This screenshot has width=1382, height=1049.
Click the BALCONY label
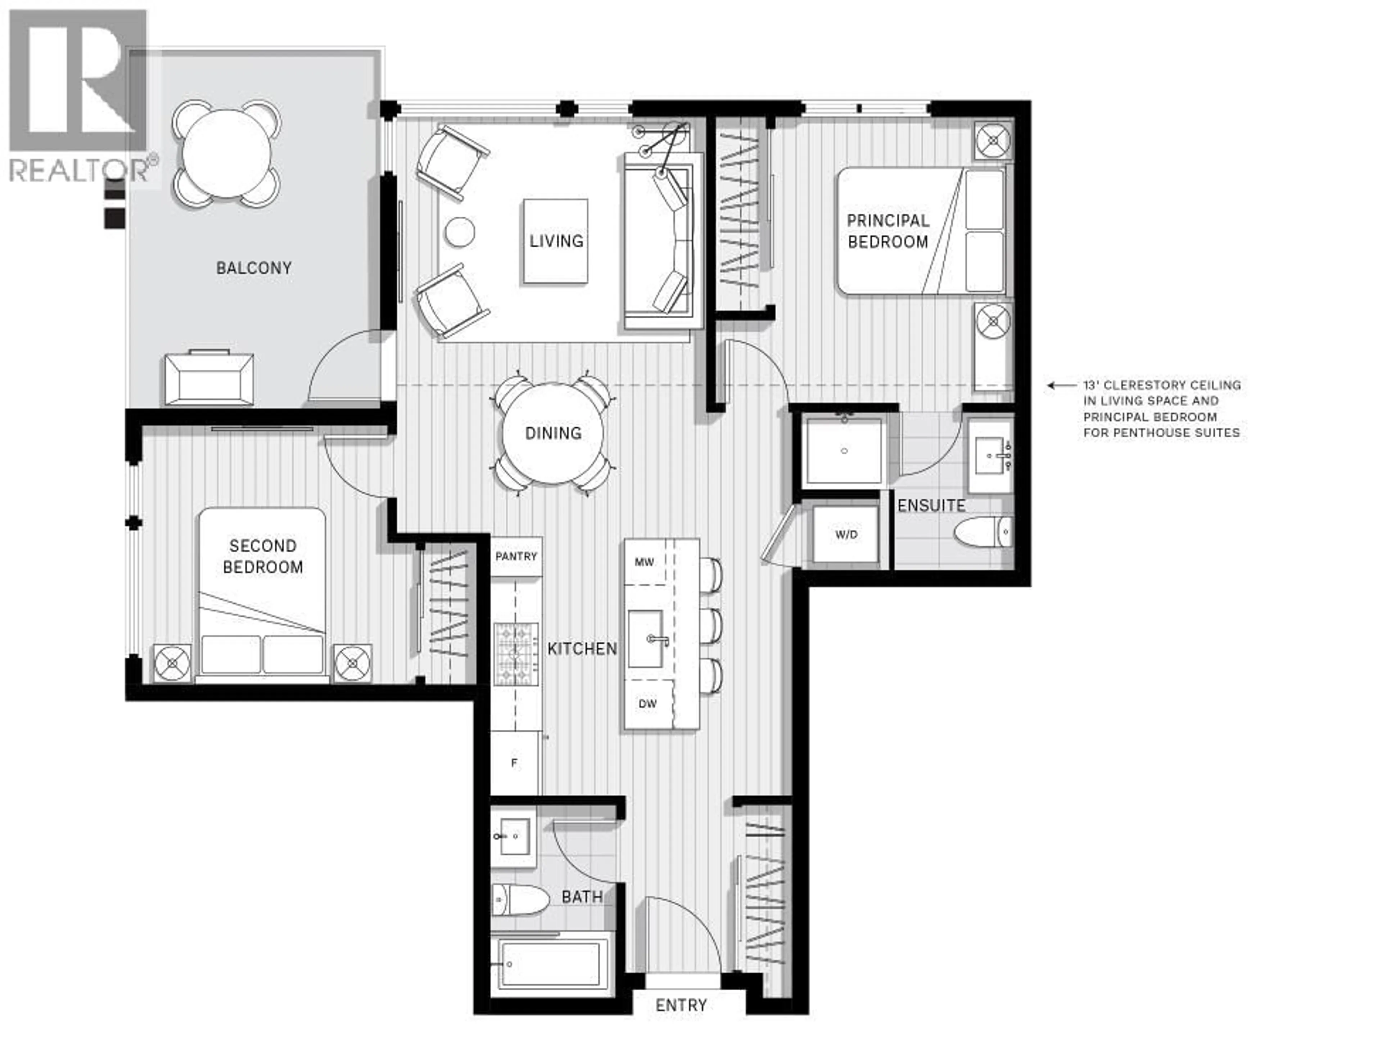point(254,268)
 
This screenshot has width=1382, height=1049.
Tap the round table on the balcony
point(227,153)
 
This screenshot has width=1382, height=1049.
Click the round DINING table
point(553,433)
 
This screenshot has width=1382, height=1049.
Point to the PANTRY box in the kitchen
point(516,556)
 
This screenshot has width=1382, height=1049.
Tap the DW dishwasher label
point(647,703)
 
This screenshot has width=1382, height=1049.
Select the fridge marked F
point(514,763)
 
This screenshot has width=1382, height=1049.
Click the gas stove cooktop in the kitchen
point(516,653)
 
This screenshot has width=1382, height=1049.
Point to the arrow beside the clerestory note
point(1060,386)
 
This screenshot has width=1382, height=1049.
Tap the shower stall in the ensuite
point(844,450)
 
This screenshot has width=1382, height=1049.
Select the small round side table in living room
point(460,232)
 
